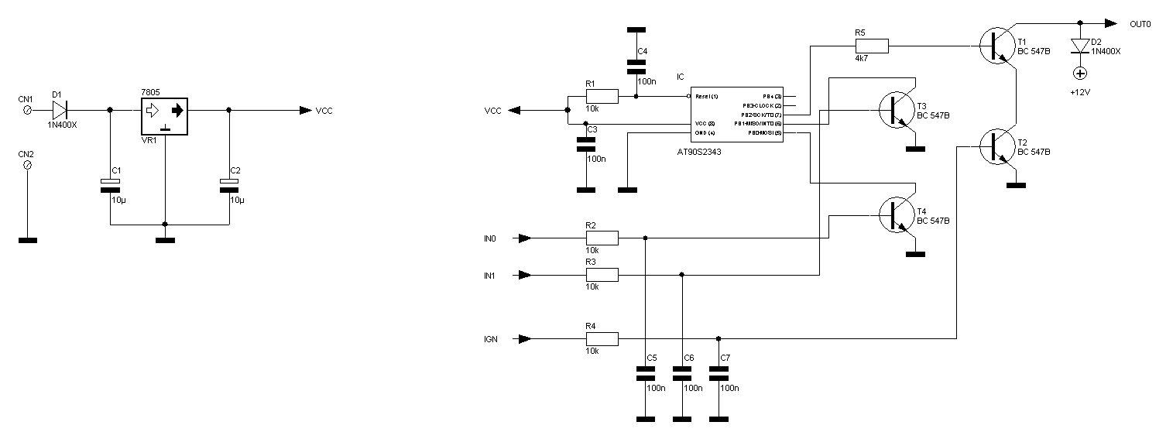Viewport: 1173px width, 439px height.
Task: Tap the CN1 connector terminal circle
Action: click(x=29, y=111)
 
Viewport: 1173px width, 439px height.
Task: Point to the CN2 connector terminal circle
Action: click(x=29, y=166)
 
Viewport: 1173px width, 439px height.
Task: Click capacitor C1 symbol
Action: click(x=111, y=183)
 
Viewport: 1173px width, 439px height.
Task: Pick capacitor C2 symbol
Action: click(x=228, y=183)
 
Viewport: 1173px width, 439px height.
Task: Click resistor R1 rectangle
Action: click(x=602, y=96)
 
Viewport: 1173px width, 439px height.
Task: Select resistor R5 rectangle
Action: click(x=871, y=46)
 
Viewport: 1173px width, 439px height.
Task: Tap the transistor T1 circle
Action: click(x=995, y=46)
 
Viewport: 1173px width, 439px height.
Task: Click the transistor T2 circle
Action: click(x=995, y=146)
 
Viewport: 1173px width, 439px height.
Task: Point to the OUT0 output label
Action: click(x=1140, y=25)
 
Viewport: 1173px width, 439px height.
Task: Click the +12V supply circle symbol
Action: click(x=1079, y=74)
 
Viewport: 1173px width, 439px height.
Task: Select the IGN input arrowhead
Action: click(x=524, y=338)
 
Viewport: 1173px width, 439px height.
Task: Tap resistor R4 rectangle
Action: click(x=602, y=338)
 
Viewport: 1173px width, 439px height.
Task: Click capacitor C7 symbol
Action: click(x=719, y=374)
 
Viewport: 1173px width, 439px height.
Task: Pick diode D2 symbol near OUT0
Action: click(x=1079, y=46)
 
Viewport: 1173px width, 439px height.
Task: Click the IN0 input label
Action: click(x=490, y=238)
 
